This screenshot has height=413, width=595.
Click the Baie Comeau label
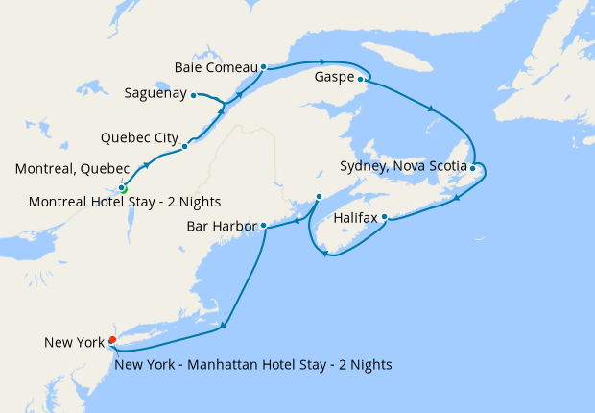[217, 67]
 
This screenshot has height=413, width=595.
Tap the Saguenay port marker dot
[194, 95]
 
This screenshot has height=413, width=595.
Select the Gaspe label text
[334, 78]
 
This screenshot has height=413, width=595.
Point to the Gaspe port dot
[361, 80]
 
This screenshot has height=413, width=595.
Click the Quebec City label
[139, 137]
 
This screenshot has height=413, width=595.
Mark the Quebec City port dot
[184, 147]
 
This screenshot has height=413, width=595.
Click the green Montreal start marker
[123, 189]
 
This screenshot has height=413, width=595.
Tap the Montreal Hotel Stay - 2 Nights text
[125, 202]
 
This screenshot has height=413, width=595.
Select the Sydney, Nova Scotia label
[404, 166]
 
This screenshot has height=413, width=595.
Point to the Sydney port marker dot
[473, 168]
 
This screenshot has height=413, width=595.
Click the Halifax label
[356, 218]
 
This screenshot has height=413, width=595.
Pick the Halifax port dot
[384, 217]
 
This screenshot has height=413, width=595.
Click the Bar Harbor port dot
[263, 227]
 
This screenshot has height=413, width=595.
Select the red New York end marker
[112, 340]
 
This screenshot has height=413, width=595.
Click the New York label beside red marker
[75, 342]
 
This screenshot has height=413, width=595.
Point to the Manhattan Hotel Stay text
[252, 364]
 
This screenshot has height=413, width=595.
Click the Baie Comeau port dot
[263, 68]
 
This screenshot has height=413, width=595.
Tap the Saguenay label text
[155, 94]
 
